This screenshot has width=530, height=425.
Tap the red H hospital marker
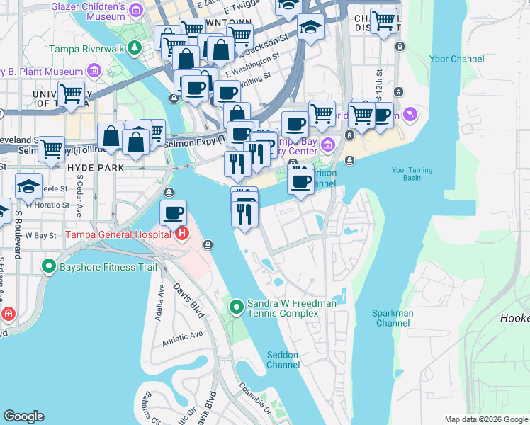tap(182, 233)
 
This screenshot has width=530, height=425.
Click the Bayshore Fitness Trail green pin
tap(49, 267)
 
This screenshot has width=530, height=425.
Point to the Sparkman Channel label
tap(392, 318)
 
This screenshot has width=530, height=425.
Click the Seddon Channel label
tap(283, 360)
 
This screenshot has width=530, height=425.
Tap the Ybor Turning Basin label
tap(416, 174)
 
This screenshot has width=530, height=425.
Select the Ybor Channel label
tap(457, 59)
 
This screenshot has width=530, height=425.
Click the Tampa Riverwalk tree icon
tap(135, 47)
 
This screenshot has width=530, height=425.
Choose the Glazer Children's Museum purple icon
tap(135, 8)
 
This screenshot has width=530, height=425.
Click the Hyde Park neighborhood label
tap(96, 168)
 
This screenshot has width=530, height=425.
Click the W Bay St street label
tap(40, 234)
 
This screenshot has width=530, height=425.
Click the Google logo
tap(23, 416)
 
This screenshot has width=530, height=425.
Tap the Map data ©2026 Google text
tap(485, 419)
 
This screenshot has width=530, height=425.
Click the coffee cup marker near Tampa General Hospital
tap(173, 212)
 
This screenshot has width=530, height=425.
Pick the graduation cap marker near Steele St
tap(28, 186)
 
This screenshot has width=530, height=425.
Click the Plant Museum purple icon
tap(94, 71)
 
